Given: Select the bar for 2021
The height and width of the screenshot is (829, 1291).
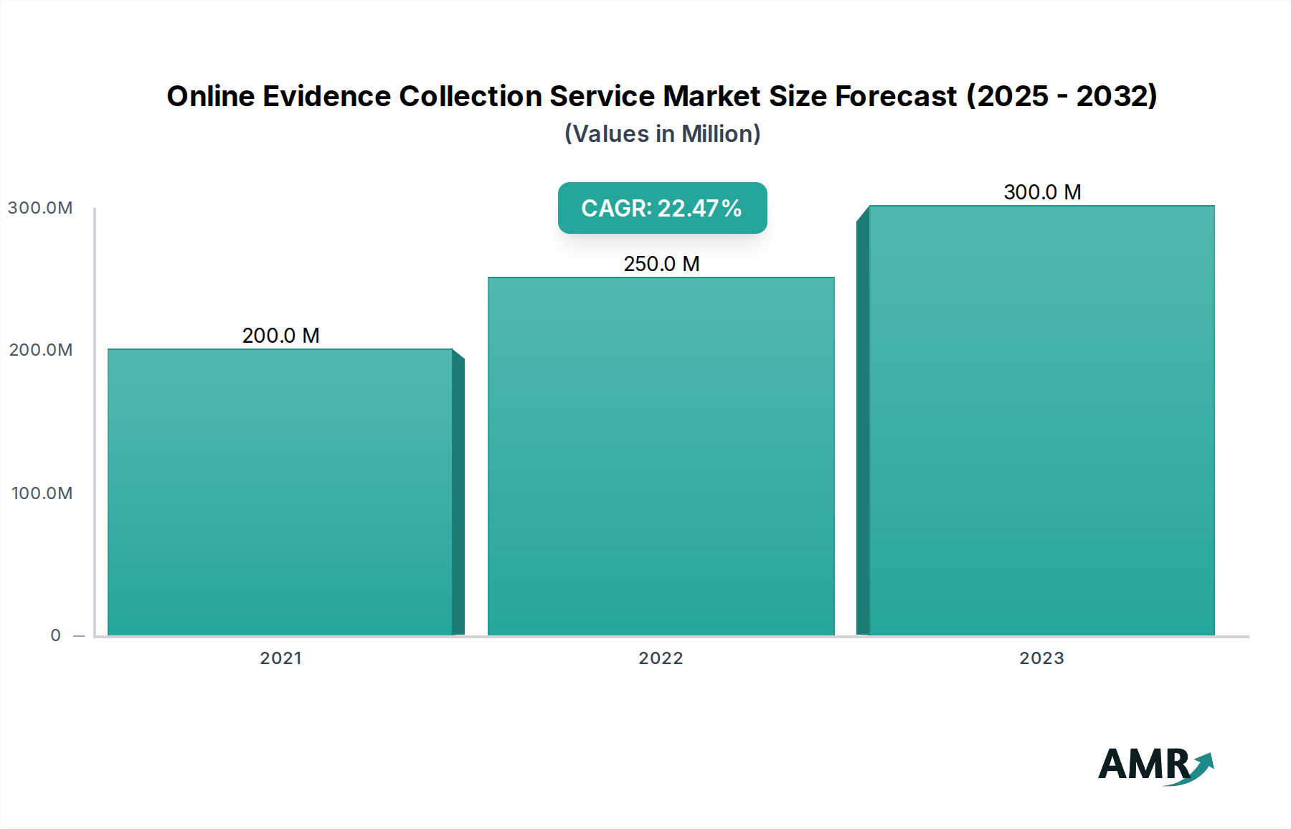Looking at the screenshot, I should tap(280, 492).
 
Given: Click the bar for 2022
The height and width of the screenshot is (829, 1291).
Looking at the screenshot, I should tap(661, 456).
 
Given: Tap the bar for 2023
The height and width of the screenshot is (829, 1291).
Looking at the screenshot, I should tap(1041, 420).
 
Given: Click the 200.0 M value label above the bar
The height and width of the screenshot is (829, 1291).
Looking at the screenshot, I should tap(280, 336).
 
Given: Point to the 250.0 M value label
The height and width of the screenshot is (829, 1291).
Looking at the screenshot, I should tap(661, 264).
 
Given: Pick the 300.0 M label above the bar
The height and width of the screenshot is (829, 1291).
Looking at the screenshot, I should tap(1042, 192).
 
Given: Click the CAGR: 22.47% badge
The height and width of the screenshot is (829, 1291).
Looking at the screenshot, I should tap(662, 208).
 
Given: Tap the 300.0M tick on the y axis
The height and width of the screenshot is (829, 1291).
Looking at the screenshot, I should tap(40, 208).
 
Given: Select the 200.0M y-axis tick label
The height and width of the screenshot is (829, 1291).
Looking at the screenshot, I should tap(41, 350).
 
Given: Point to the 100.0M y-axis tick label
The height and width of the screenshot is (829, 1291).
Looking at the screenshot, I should tap(42, 493).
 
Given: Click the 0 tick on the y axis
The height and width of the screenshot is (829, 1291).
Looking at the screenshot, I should tap(56, 635).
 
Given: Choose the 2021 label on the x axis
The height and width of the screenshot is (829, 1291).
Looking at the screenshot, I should tap(280, 658).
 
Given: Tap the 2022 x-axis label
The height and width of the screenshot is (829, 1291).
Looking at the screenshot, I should tap(661, 658).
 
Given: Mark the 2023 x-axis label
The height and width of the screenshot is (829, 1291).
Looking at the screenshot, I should tap(1041, 658).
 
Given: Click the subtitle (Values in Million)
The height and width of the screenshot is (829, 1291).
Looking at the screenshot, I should tap(662, 134).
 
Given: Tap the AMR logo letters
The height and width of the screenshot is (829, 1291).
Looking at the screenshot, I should tap(1143, 764).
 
